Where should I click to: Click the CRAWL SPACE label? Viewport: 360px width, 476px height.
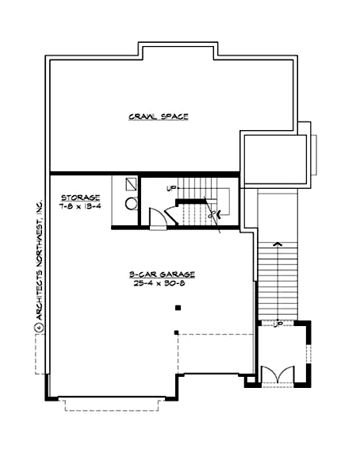(158, 117)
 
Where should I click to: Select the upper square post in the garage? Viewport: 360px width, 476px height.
(178, 308)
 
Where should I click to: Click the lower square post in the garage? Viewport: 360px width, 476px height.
(177, 332)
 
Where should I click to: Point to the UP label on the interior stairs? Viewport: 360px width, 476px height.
(170, 189)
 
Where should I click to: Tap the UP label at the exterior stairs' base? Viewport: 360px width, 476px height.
(278, 324)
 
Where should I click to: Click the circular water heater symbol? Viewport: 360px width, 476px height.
(132, 203)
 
